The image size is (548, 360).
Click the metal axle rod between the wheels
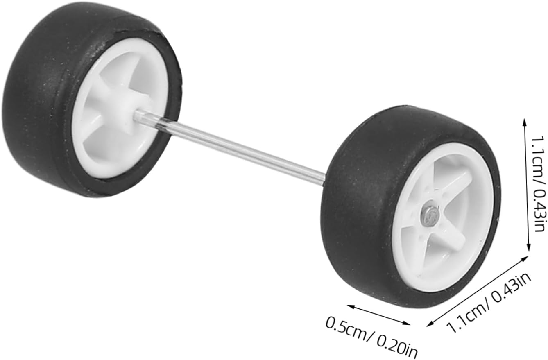pyautogui.click(x=230, y=147)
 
